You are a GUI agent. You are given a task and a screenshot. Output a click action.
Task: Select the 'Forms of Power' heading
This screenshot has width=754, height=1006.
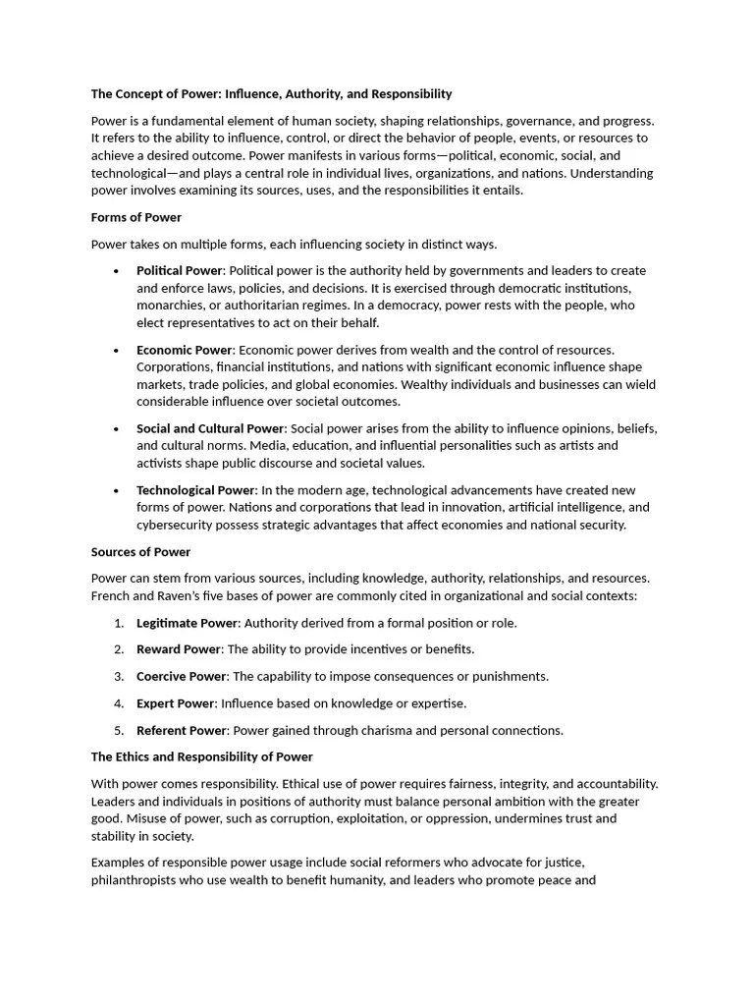click(x=136, y=217)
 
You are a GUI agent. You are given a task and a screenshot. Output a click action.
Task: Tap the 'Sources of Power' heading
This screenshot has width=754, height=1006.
click(x=140, y=552)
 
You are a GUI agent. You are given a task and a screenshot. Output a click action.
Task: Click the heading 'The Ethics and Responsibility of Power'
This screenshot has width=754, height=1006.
click(x=202, y=756)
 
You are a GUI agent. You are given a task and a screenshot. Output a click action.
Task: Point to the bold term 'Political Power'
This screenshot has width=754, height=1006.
click(x=180, y=271)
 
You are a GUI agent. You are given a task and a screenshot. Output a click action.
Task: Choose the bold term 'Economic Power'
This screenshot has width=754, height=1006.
click(x=185, y=350)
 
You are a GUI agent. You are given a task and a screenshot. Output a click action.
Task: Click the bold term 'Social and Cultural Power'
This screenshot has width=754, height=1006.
click(x=210, y=428)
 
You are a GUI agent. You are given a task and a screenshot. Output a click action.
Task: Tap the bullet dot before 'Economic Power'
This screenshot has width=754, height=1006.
click(x=117, y=351)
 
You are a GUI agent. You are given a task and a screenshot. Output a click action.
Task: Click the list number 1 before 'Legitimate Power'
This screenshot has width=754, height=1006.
click(x=119, y=623)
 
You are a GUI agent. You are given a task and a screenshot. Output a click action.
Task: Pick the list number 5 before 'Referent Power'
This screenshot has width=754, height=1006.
click(x=119, y=731)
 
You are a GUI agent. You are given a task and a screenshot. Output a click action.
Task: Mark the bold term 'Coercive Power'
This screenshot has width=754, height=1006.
click(x=182, y=677)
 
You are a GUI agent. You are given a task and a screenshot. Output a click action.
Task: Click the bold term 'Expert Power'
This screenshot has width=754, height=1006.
click(x=175, y=703)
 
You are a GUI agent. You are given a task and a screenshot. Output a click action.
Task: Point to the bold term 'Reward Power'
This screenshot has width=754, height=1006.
click(x=179, y=649)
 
